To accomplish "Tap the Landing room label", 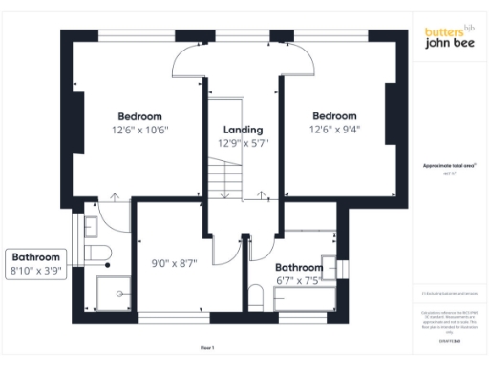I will pos(244,129).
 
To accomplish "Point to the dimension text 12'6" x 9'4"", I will pos(333,129).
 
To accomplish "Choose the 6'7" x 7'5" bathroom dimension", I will pos(298,281).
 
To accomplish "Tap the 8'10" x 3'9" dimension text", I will pos(37,272).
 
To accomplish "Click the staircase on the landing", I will pos(227,177).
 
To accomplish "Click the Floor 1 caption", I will pos(207,348).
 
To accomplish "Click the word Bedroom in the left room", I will pos(139,115).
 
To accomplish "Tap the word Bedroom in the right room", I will pos(333,115).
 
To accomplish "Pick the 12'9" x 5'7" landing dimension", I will pos(244,143).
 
